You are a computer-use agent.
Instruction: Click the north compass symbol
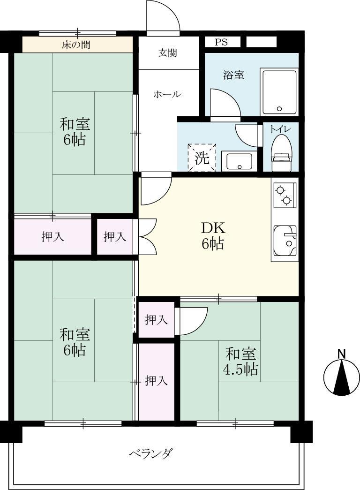pos(341,377)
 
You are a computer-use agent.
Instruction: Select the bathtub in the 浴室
pos(280,92)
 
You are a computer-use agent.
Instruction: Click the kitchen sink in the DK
pos(285,240)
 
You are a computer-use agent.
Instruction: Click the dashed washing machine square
pos(202,158)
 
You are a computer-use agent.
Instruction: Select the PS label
pos(221,42)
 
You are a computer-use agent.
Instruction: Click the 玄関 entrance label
pos(167,53)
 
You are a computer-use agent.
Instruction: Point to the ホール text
pos(167,94)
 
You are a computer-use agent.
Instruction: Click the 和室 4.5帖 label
pos(241,362)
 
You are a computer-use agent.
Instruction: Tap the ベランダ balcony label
pos(150,453)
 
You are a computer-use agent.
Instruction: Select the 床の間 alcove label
pos(76,45)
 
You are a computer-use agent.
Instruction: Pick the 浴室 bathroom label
pos(233,75)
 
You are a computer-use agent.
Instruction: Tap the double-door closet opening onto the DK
pos(147,237)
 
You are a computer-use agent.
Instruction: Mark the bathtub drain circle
pos(280,109)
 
